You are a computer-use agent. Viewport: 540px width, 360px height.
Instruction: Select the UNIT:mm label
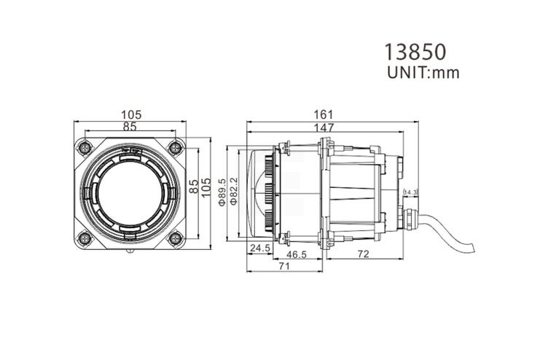click(423, 72)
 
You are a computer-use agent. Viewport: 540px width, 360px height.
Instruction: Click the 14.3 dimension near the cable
click(410, 192)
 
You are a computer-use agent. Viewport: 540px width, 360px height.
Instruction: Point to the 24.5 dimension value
click(260, 249)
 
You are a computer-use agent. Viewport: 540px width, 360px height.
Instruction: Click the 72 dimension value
click(361, 256)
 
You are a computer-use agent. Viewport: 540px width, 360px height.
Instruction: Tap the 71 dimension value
click(284, 267)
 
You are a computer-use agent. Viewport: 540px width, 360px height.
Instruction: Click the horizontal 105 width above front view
click(131, 114)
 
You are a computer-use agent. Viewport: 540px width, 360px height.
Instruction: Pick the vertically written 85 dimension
click(194, 187)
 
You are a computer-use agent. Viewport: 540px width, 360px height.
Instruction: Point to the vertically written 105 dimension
click(206, 187)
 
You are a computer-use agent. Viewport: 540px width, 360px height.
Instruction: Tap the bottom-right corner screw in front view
click(175, 237)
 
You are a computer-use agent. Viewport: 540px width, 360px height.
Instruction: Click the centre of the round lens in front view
click(130, 192)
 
